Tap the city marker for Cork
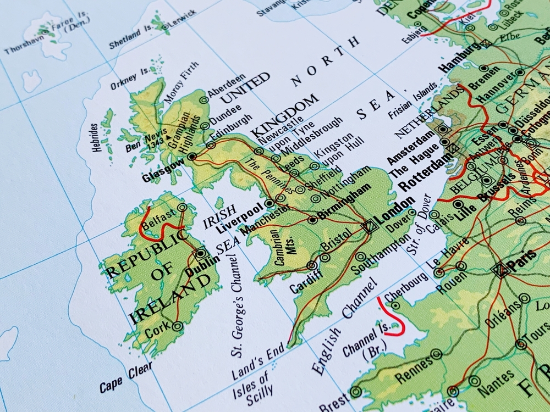[x=177, y=326]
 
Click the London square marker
[x=370, y=225]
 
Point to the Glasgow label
[x=163, y=171]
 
